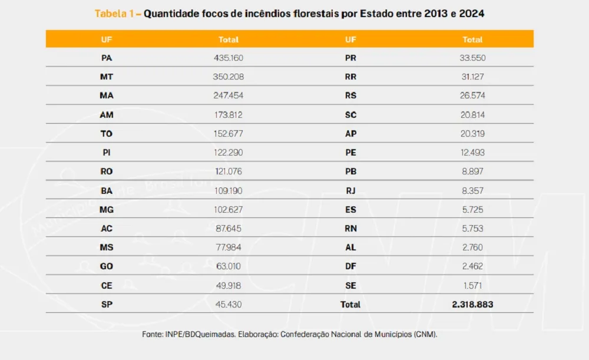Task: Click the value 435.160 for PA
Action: tap(228, 58)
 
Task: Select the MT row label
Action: tap(107, 77)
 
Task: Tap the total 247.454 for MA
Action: tap(228, 95)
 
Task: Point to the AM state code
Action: tap(107, 115)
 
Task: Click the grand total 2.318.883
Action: tap(472, 305)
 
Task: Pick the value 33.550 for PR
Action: tap(472, 58)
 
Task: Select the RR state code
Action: tap(350, 77)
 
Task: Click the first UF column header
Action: tap(107, 39)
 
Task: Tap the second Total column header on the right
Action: tap(472, 39)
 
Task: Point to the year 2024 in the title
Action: tap(469, 13)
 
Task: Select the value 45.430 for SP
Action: tap(228, 305)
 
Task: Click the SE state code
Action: tap(350, 286)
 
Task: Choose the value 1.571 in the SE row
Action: tap(472, 286)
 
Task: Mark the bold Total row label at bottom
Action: tap(350, 305)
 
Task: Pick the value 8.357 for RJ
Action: tap(472, 190)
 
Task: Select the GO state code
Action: tap(107, 266)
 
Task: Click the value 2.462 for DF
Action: tap(472, 266)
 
